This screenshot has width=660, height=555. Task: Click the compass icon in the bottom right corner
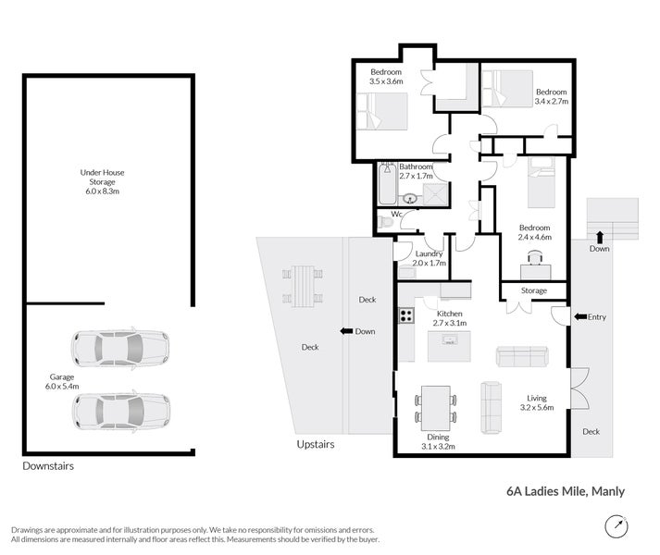coord(616,526)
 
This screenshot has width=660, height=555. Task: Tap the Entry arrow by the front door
coord(580,317)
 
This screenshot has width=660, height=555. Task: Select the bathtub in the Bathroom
coord(387,184)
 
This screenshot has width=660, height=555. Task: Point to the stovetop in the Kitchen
coord(406,315)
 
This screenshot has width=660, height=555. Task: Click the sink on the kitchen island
coord(450,339)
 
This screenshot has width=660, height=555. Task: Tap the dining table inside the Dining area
coord(436,408)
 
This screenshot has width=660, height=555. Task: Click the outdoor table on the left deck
coord(302,286)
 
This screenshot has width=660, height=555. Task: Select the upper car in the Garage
coord(120,349)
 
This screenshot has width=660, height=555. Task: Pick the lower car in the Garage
coord(121,411)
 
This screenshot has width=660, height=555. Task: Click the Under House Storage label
coord(102,182)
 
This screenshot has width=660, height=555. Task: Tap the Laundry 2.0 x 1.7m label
coord(429,258)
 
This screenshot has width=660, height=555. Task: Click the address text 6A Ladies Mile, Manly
coord(566,491)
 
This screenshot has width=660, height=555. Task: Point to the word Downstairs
coord(48,466)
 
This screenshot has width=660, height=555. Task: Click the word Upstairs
coord(316,444)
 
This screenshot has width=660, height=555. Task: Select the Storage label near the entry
coord(534,290)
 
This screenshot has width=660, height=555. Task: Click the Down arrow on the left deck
coord(346,331)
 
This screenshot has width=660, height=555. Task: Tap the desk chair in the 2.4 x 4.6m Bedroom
coord(534,256)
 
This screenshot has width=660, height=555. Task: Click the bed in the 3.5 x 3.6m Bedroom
coord(382,111)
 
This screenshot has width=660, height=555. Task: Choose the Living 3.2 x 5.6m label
coord(537,402)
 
